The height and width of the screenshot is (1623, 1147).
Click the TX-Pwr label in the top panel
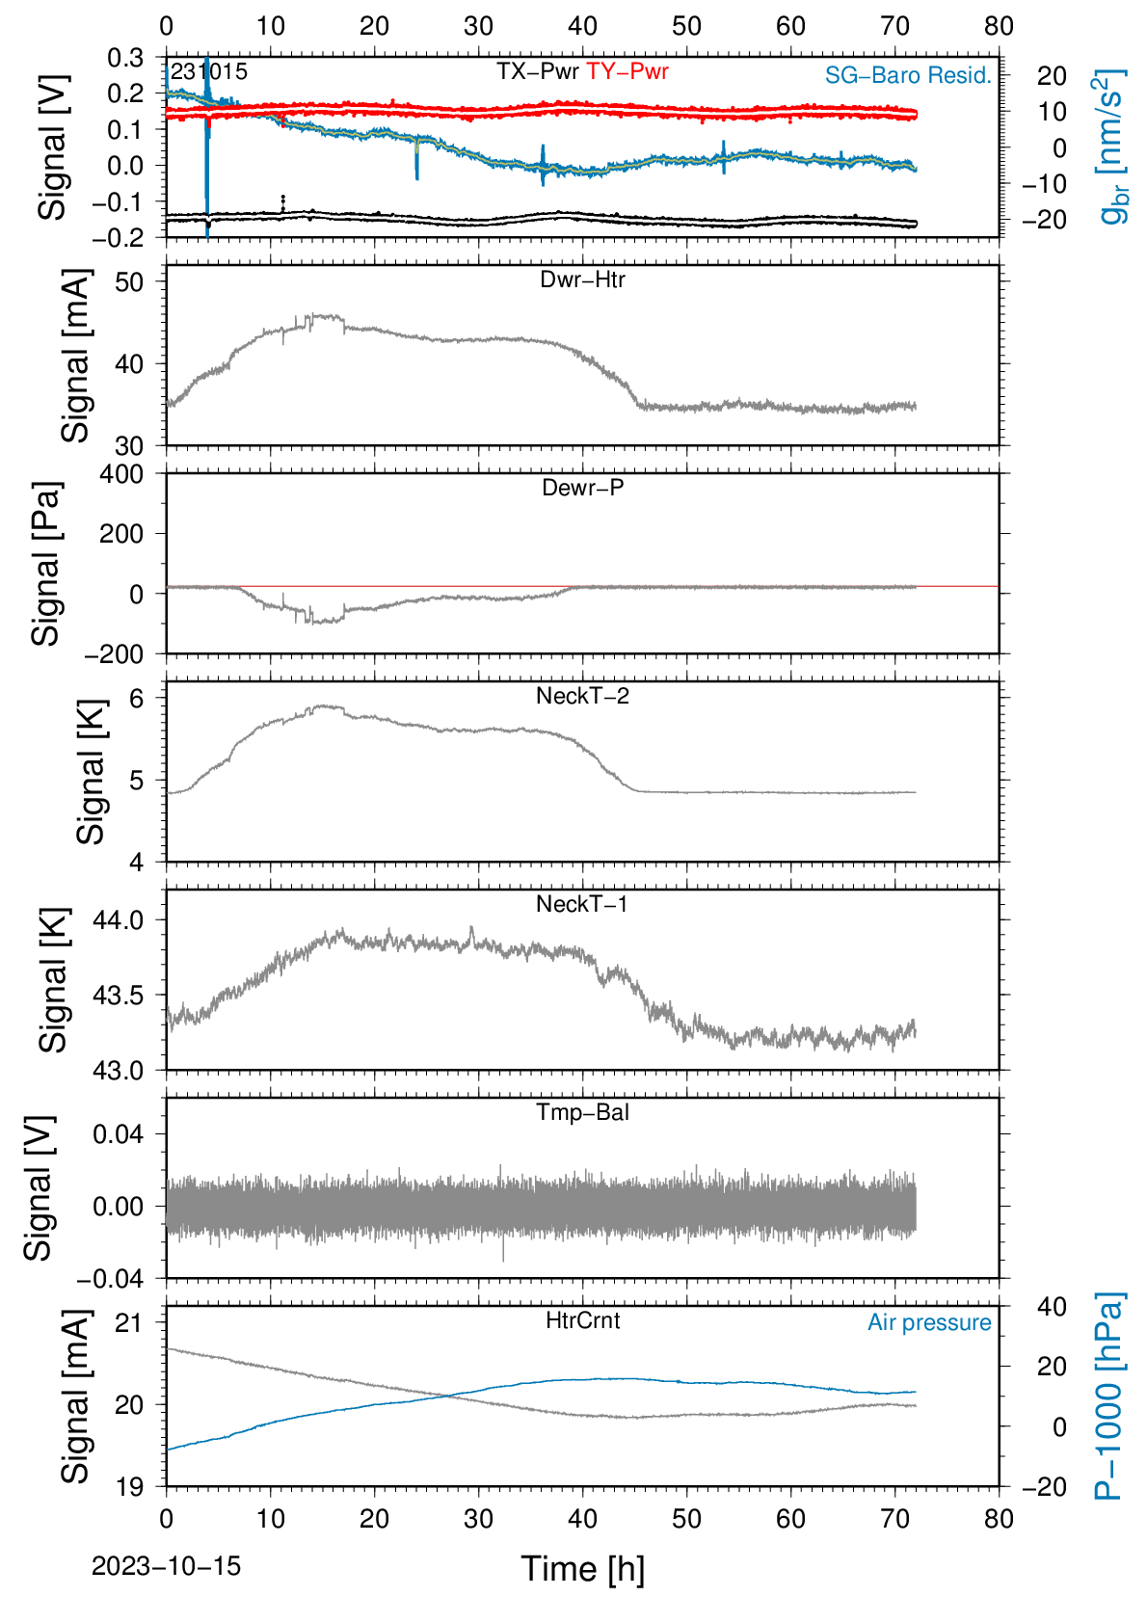coord(537,71)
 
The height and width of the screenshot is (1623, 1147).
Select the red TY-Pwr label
coord(627,71)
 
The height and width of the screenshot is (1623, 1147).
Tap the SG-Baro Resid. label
coord(908,75)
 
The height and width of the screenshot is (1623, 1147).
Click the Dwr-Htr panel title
coord(582,279)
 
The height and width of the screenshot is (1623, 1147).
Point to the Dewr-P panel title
coord(582,488)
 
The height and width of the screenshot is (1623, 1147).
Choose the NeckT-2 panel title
coord(582,696)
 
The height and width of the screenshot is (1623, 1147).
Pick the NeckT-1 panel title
coord(582,903)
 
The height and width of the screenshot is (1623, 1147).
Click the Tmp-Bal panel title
coord(582,1111)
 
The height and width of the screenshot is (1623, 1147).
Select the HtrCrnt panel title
coord(582,1320)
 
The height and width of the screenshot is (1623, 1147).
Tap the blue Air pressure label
coord(929,1323)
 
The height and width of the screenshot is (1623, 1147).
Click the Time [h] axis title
coord(582,1569)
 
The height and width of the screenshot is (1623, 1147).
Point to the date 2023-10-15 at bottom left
coord(166,1566)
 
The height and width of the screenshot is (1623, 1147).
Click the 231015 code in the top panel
coord(209,71)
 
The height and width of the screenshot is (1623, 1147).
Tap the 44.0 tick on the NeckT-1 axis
coord(119,919)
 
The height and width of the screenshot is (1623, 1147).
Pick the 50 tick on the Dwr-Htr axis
coord(129,281)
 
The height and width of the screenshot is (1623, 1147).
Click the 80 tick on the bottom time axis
coord(1000,1519)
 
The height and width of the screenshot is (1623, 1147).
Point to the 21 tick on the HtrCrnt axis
coord(129,1323)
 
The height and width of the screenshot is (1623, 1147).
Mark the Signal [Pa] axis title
coord(45,564)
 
